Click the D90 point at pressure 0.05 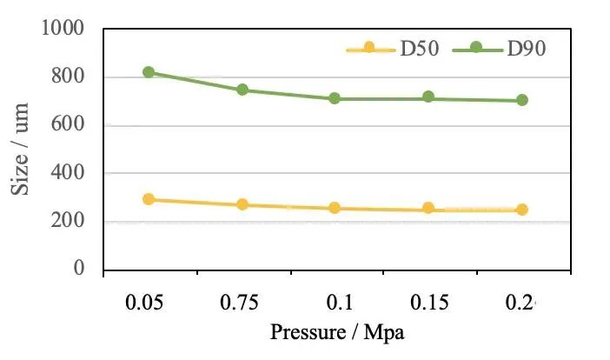149,72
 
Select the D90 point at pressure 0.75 242,90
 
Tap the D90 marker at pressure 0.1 335,98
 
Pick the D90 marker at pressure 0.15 428,97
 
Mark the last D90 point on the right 522,100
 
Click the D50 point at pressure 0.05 149,199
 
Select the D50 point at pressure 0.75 242,204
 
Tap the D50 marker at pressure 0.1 335,208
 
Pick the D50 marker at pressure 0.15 428,208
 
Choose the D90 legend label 526,49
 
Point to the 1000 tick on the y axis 63,29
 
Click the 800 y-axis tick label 68,77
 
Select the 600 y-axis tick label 68,125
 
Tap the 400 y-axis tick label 68,173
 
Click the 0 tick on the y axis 78,270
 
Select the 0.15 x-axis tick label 428,303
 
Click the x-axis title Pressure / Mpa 338,332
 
